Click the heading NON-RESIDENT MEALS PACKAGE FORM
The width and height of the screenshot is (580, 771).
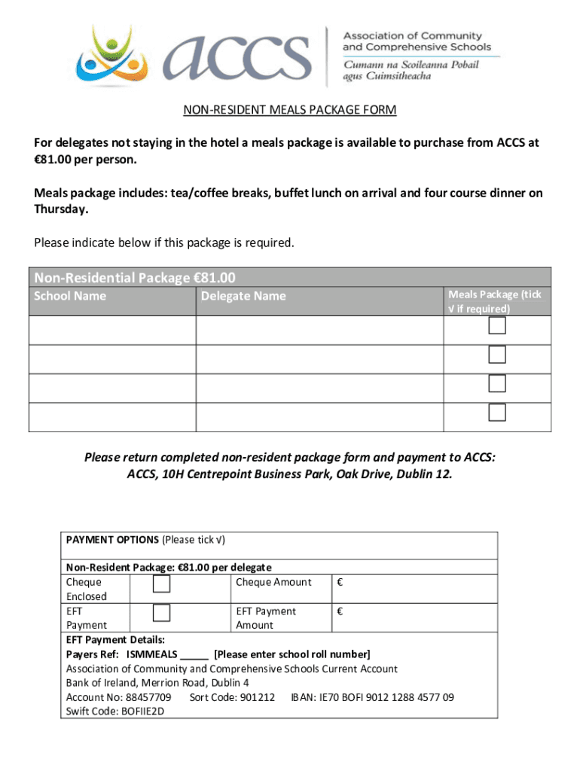coord(290,111)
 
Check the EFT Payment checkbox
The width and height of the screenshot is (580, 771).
coord(161,614)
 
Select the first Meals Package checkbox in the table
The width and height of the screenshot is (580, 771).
coord(496,326)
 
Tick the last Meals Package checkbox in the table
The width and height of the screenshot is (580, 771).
coord(496,413)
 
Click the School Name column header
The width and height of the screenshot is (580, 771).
coord(70,296)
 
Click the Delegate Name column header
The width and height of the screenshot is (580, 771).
coord(243,296)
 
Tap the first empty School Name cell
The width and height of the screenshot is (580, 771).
coord(112,331)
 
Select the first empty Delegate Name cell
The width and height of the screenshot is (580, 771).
coord(319,331)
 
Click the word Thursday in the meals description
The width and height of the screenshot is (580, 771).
coord(60,209)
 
